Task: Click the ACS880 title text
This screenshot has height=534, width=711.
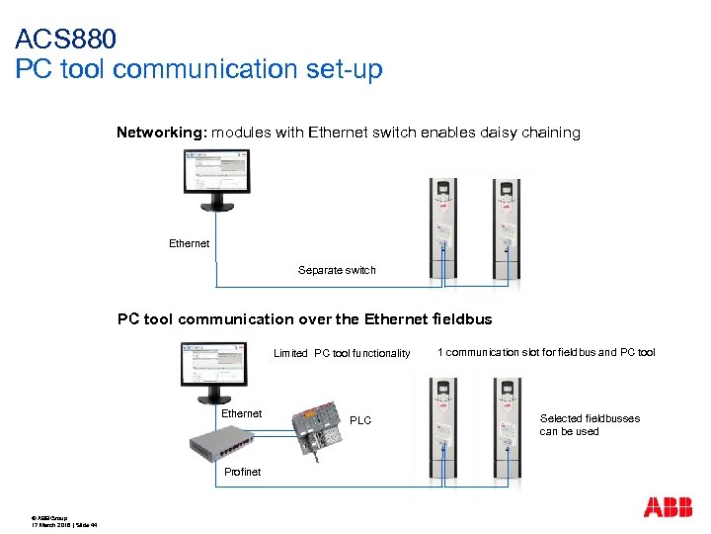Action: (x=66, y=40)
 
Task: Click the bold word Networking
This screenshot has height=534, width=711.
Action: (x=161, y=133)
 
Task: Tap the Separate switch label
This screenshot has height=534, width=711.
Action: (x=337, y=270)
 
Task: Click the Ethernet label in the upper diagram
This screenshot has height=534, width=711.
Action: (x=190, y=243)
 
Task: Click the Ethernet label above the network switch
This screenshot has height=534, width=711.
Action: (x=242, y=414)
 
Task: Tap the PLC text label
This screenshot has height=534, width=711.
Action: (x=360, y=421)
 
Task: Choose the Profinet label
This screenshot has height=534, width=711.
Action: (x=242, y=472)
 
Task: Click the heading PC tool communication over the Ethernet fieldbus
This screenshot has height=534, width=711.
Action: (x=304, y=319)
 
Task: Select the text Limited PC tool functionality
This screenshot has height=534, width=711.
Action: (x=342, y=353)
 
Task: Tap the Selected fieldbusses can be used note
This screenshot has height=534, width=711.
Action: (x=589, y=425)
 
